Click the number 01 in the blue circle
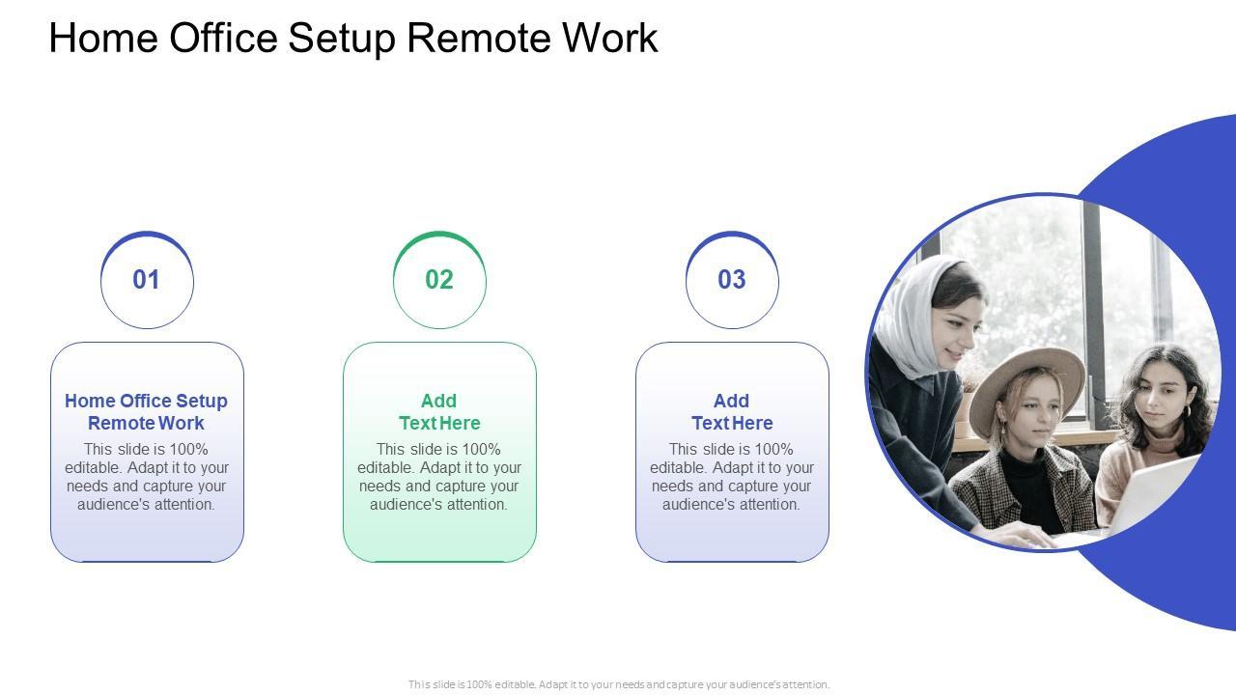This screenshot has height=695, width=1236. pos(147,280)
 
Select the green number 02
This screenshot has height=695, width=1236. pos(439,280)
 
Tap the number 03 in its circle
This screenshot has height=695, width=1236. pos(732,280)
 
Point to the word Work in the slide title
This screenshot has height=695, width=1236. pos(610,39)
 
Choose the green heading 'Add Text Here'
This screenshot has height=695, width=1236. pos(439,412)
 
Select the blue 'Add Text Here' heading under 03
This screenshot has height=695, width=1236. pos(732,412)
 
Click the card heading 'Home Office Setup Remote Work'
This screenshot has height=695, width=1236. pos(147,412)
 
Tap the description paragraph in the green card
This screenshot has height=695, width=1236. pos(439,477)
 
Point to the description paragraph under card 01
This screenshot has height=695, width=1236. pos(147,477)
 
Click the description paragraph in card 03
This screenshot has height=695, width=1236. pos(732,477)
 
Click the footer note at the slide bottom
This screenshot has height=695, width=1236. pos(618,684)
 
